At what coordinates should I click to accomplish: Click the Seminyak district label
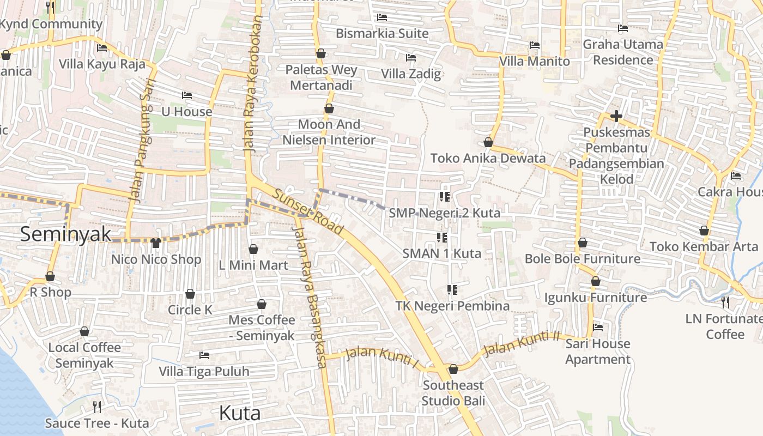pos(65,234)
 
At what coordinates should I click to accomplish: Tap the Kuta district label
pos(239,413)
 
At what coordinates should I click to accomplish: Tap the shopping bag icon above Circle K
pos(190,294)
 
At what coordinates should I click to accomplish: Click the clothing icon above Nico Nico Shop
pos(156,243)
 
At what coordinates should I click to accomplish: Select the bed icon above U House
pos(187,95)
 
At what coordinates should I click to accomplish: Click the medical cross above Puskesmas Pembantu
pos(616,116)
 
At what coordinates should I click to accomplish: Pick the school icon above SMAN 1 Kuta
pos(442,238)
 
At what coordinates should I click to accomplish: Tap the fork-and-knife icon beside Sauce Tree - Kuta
pos(97,407)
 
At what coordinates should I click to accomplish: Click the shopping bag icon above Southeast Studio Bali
pos(453,370)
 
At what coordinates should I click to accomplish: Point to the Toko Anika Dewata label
pos(488,158)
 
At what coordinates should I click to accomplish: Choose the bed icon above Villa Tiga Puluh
pos(204,355)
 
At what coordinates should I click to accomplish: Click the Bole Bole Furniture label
pos(582,258)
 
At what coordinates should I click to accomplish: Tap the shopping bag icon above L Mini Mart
pos(253,250)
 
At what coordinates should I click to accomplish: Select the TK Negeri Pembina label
pos(452,306)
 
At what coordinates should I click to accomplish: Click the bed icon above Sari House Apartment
pos(598,328)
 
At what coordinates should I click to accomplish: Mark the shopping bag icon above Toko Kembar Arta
pos(704,231)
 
